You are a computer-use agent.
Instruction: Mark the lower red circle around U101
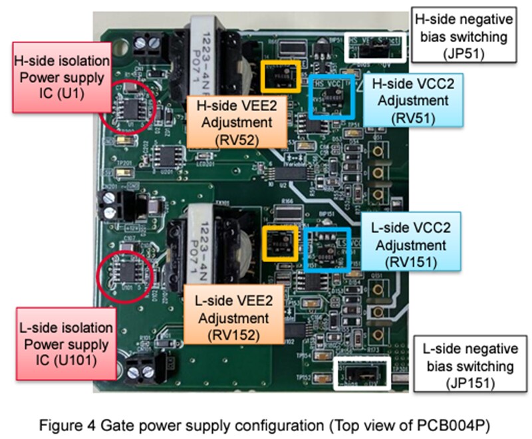pyautogui.click(x=126, y=275)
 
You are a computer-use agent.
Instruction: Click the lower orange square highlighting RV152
pyautogui.click(x=281, y=242)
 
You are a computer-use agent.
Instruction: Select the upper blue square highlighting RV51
pyautogui.click(x=332, y=95)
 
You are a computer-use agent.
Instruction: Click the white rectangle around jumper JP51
pyautogui.click(x=376, y=47)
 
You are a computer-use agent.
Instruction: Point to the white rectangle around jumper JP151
pyautogui.click(x=362, y=370)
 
